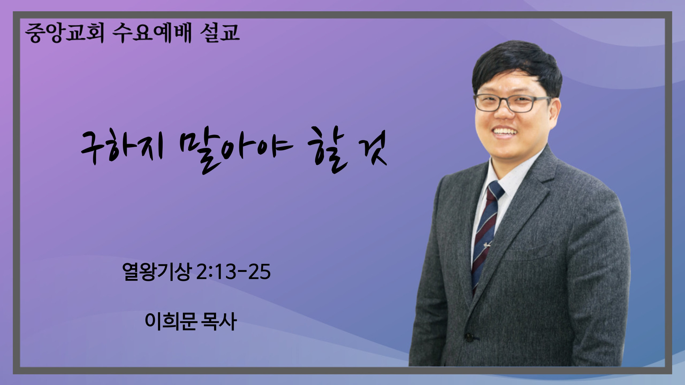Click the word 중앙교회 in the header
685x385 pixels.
pos(64,34)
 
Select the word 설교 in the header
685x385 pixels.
pos(220,33)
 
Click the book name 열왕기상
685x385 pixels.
pos(157,271)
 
